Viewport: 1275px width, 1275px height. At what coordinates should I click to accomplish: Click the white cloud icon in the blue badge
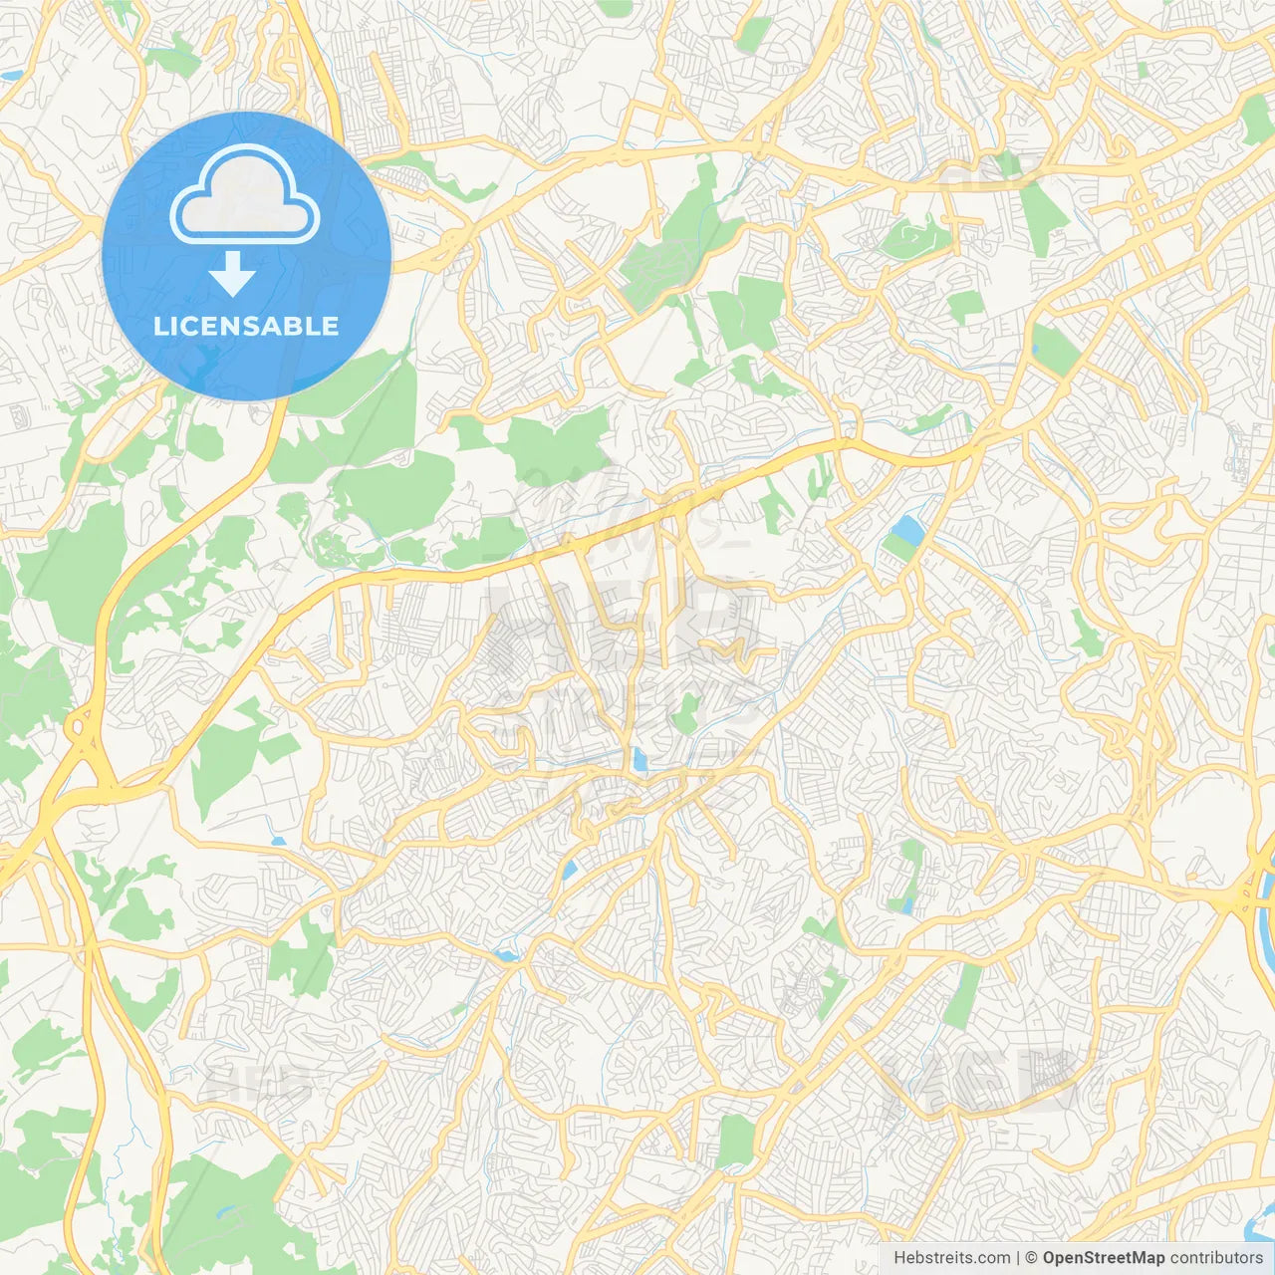pos(245,195)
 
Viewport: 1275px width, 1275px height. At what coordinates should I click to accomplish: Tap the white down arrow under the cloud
pos(232,274)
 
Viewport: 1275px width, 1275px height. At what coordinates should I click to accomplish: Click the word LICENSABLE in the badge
pos(245,326)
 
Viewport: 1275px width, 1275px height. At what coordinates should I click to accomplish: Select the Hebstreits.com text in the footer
pos(951,1258)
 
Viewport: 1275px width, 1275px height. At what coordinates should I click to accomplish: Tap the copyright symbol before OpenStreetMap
pos(1032,1258)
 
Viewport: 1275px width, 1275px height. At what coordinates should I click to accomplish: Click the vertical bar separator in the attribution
pos(1017,1258)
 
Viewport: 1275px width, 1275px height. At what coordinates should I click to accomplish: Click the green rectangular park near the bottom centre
pos(736,1140)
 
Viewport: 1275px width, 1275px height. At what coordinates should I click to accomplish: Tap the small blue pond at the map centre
pos(639,762)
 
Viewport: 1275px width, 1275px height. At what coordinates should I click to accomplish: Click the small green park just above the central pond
pos(685,713)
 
